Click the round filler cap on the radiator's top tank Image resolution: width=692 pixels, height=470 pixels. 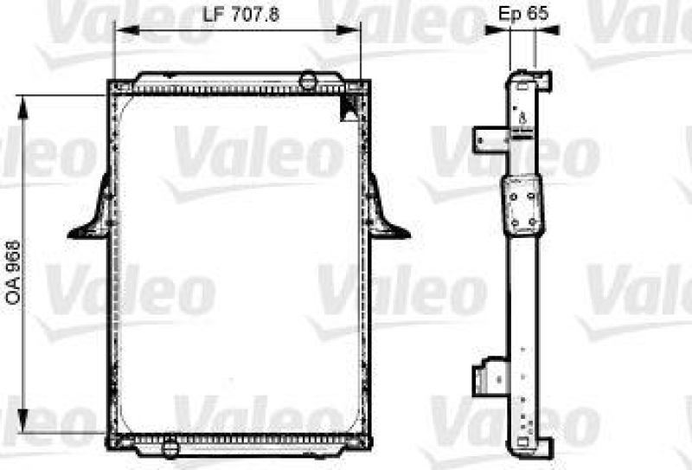click(x=308, y=82)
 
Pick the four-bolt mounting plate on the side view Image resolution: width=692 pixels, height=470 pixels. click(x=523, y=204)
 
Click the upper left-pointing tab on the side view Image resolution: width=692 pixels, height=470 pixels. click(x=488, y=138)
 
